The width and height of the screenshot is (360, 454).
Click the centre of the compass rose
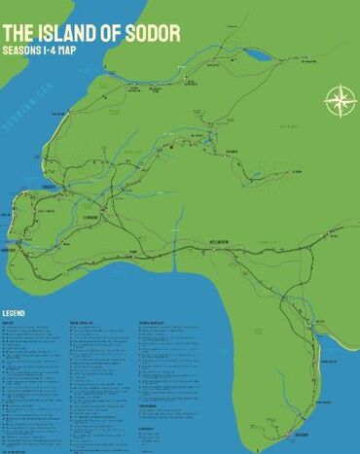[340, 100]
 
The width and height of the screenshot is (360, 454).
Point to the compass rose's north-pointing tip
[340, 85]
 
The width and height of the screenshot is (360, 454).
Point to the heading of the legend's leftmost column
[10, 322]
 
